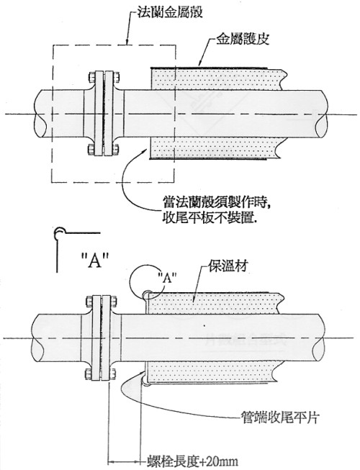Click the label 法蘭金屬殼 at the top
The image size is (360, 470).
(x=169, y=12)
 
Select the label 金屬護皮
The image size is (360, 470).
(x=243, y=40)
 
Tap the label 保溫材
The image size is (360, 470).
(x=228, y=266)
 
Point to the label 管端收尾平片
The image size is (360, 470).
(x=280, y=417)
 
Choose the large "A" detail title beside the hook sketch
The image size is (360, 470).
(x=95, y=260)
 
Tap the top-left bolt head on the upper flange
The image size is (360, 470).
(x=92, y=77)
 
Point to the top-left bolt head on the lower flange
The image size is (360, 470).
(x=89, y=301)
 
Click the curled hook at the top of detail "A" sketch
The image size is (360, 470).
(x=59, y=231)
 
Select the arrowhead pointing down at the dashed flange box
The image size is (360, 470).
(x=127, y=41)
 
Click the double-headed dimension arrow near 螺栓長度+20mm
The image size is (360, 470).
(x=125, y=461)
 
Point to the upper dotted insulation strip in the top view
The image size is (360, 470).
(x=217, y=78)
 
